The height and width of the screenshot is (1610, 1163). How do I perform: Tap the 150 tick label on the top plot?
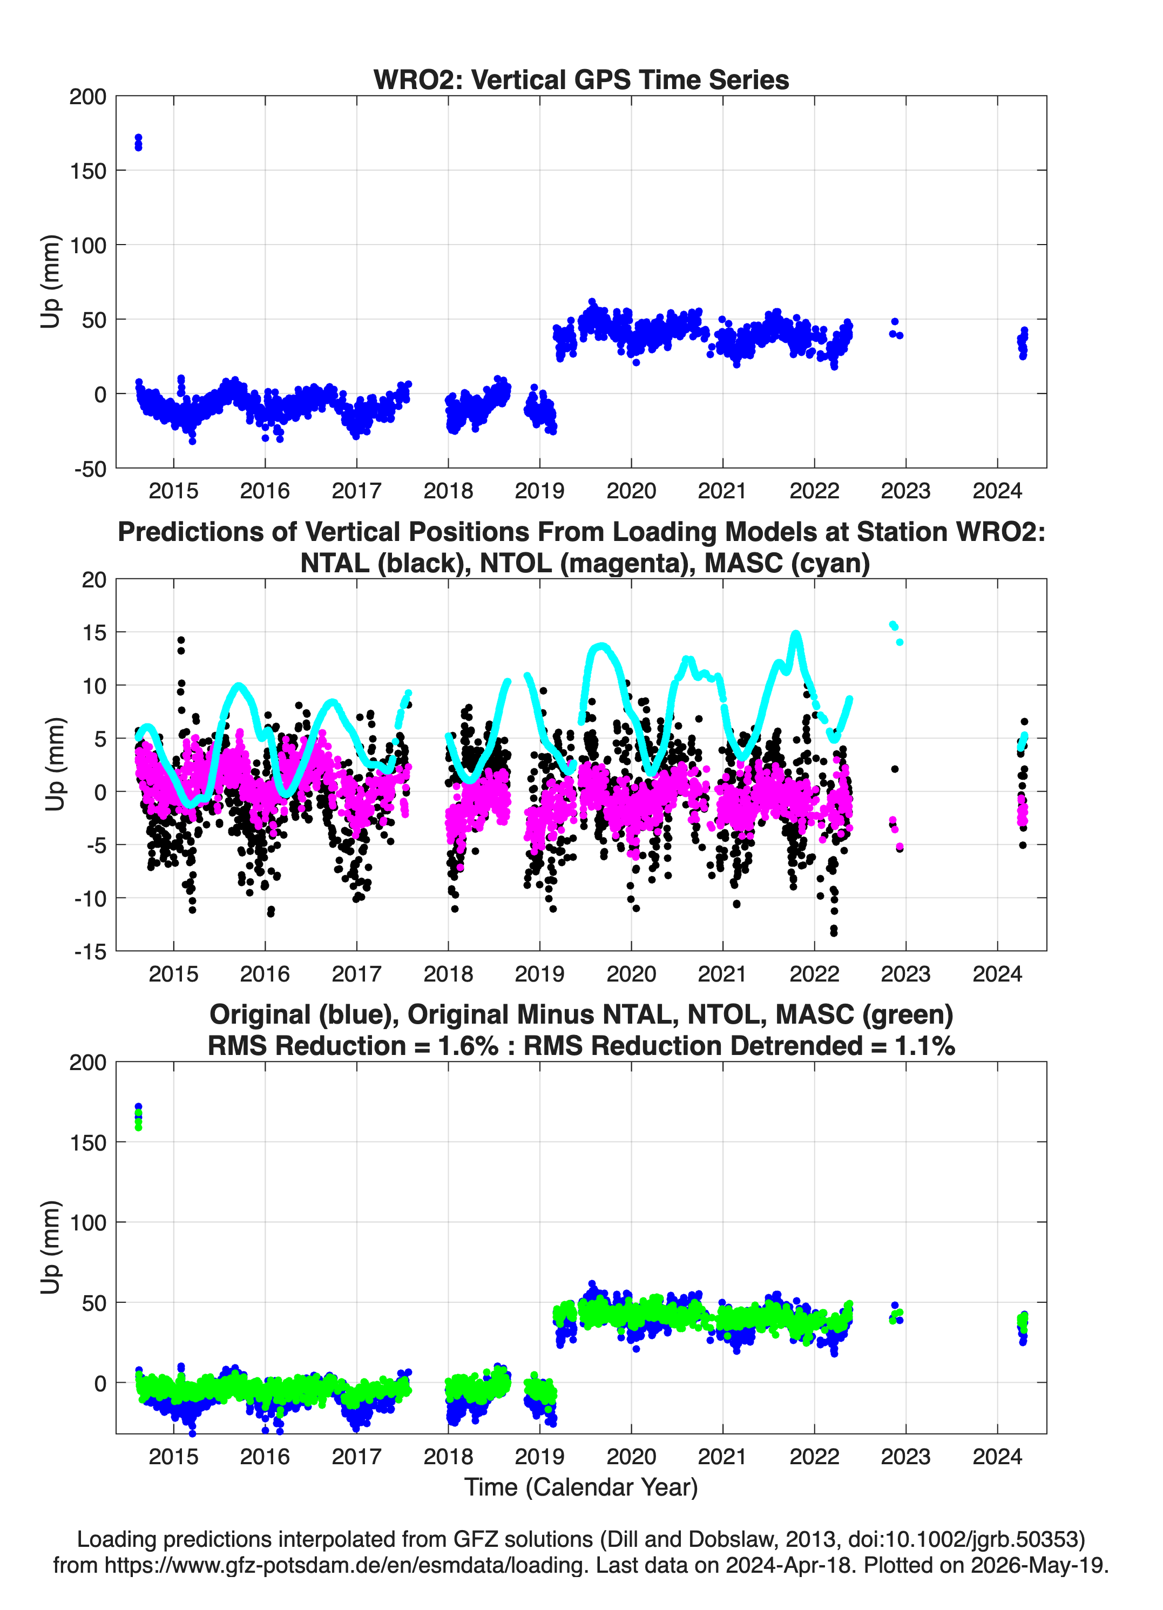coord(88,171)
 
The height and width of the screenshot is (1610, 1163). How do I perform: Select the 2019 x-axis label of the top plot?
coord(539,491)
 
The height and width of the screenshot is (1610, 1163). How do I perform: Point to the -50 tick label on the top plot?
coord(90,469)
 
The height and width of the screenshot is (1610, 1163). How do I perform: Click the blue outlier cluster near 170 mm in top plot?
coord(138,142)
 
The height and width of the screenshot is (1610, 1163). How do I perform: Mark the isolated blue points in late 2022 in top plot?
coord(896,329)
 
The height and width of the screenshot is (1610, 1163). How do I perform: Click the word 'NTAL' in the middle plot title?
coord(336,563)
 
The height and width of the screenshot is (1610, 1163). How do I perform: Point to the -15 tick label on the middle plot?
coord(90,952)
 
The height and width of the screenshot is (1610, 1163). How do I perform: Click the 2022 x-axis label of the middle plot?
coord(814,974)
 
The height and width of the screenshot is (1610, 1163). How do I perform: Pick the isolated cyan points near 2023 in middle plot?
coord(896,633)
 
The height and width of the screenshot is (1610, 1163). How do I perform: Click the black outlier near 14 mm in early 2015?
coord(181,645)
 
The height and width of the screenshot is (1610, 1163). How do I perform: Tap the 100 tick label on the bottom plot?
coord(88,1222)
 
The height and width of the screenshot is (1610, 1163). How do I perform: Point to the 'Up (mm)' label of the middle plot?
coord(54,764)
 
